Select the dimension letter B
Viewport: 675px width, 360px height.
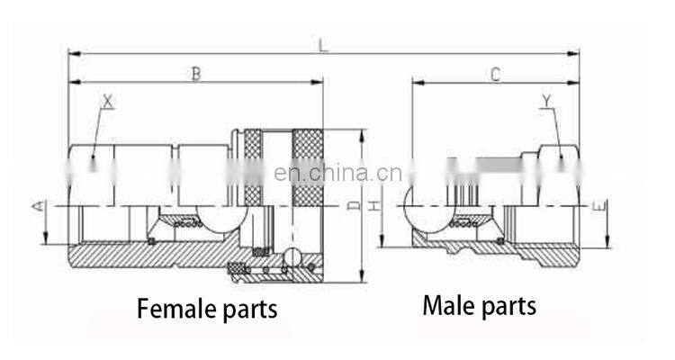[195, 74]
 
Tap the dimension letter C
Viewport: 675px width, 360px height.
[495, 75]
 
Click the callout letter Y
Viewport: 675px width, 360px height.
[548, 102]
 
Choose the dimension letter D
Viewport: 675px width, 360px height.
[354, 206]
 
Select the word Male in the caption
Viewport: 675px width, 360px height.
[448, 306]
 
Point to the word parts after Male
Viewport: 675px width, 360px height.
[508, 307]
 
